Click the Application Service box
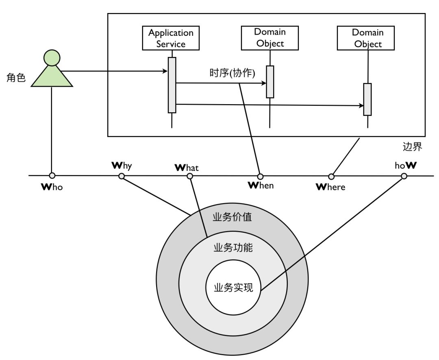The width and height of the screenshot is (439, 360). pyautogui.click(x=171, y=37)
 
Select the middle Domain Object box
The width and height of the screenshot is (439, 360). pyautogui.click(x=270, y=37)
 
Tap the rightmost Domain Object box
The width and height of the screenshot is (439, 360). pyautogui.click(x=367, y=37)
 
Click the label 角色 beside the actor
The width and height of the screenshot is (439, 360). pyautogui.click(x=16, y=77)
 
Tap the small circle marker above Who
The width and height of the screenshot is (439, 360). pyautogui.click(x=52, y=176)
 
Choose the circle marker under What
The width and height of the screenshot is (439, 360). pyautogui.click(x=189, y=176)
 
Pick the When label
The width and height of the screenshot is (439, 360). pyautogui.click(x=261, y=185)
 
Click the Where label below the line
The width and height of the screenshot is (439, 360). pyautogui.click(x=330, y=187)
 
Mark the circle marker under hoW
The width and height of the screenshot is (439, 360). pyautogui.click(x=404, y=176)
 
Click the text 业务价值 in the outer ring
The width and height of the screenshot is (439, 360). pyautogui.click(x=233, y=217)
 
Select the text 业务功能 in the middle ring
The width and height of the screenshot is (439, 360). pyautogui.click(x=233, y=247)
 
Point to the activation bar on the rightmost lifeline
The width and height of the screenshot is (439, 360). pyautogui.click(x=367, y=99)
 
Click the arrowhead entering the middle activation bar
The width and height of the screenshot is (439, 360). pyautogui.click(x=264, y=83)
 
